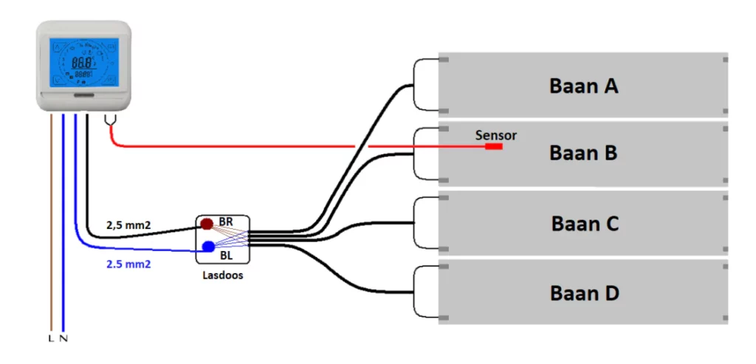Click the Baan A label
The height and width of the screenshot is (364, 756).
pos(583,86)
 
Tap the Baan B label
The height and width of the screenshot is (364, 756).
pos(583,154)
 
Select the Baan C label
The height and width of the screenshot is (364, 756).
pos(585,223)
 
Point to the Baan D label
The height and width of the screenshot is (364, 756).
pos(584,293)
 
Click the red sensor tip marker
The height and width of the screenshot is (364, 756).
pos(493,146)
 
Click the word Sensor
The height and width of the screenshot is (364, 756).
pos(496,135)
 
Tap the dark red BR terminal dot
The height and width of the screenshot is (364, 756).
pos(207,223)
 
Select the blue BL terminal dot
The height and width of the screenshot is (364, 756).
pos(208,245)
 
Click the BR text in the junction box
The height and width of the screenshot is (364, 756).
pos(226,222)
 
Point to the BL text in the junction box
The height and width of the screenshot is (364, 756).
pos(226,255)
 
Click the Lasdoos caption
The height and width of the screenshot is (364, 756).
pos(222,275)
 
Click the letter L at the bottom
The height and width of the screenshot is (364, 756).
pos(50,338)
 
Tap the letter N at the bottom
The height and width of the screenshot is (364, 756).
pos(63,338)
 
